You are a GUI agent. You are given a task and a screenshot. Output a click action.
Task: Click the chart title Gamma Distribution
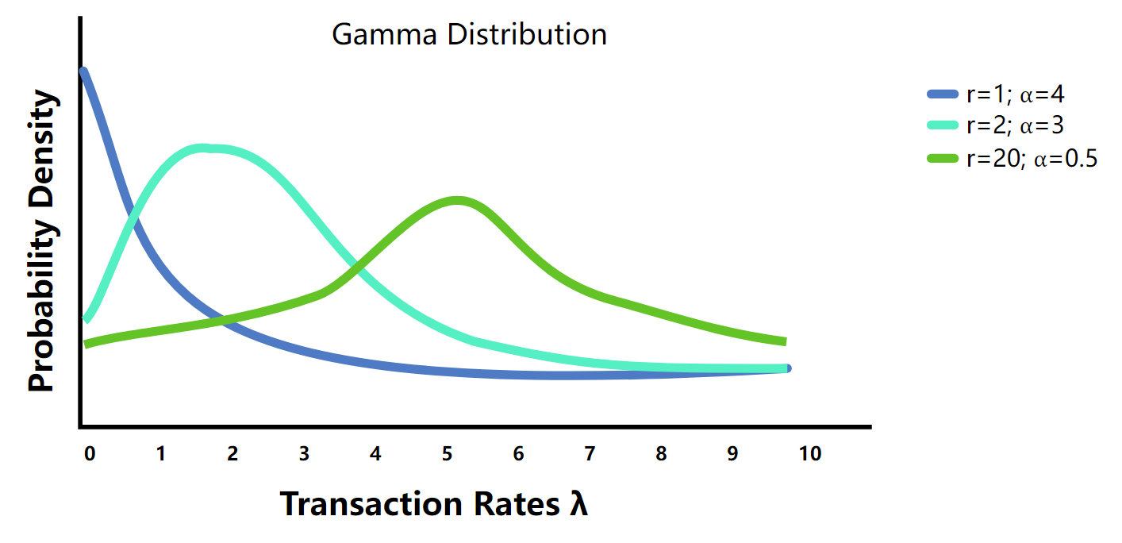pyautogui.click(x=469, y=35)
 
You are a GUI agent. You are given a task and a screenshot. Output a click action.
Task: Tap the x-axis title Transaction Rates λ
pyautogui.click(x=434, y=503)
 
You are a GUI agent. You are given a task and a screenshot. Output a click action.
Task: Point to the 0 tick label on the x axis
pyautogui.click(x=90, y=454)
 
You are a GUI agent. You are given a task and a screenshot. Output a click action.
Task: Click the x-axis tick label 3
pyautogui.click(x=304, y=454)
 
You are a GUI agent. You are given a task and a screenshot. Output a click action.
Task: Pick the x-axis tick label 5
pyautogui.click(x=447, y=454)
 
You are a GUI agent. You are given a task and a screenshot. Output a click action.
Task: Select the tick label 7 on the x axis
pyautogui.click(x=590, y=454)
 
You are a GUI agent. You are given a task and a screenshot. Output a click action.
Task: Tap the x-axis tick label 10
pyautogui.click(x=810, y=454)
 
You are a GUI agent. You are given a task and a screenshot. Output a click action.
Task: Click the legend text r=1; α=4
pyautogui.click(x=1016, y=94)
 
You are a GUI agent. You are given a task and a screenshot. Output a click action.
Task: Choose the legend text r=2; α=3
pyautogui.click(x=1016, y=125)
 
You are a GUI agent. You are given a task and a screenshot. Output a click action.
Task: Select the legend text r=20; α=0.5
pyautogui.click(x=1032, y=159)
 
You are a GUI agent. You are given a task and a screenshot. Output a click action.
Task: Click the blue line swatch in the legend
pyautogui.click(x=942, y=94)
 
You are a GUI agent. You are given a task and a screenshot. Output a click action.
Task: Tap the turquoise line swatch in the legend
pyautogui.click(x=942, y=125)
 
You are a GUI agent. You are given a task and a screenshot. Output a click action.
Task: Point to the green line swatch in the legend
pyautogui.click(x=942, y=159)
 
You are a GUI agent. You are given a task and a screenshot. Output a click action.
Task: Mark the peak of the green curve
pyautogui.click(x=457, y=201)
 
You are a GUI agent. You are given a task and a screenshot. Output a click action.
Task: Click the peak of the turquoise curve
pyautogui.click(x=203, y=148)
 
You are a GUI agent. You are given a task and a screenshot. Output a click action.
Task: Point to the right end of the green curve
pyautogui.click(x=785, y=341)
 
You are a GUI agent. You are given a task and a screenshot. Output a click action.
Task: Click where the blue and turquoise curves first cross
pyautogui.click(x=133, y=214)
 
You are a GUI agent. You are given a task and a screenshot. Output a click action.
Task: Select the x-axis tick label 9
pyautogui.click(x=733, y=454)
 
